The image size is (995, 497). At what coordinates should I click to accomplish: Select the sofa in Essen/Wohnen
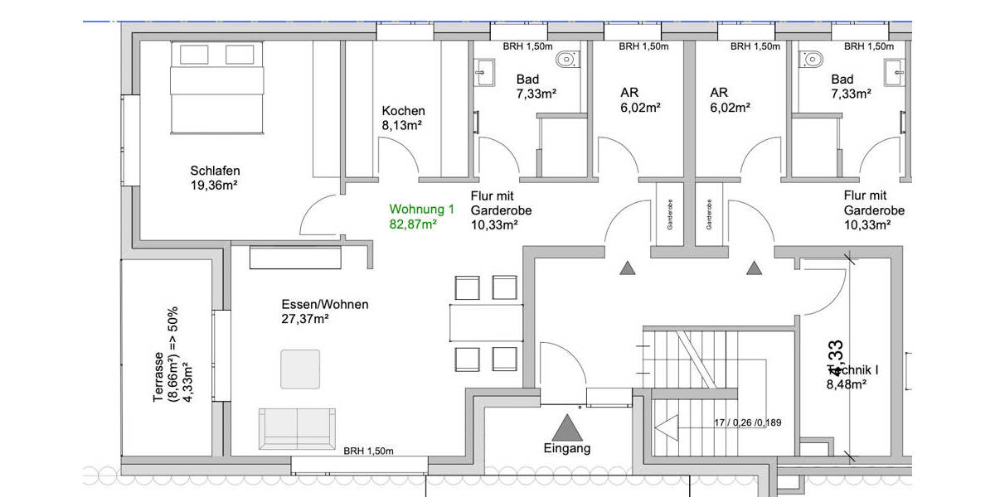[297, 428]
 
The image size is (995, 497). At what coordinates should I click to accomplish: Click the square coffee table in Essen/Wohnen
[300, 369]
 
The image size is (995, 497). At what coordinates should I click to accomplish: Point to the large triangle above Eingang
[568, 428]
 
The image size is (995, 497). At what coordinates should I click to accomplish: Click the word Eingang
[568, 449]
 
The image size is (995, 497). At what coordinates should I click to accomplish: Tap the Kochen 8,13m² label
[403, 118]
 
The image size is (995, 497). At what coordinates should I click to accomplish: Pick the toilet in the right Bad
[811, 59]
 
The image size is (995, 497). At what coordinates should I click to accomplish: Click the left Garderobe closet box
[669, 213]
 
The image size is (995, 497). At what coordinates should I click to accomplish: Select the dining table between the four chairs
[487, 322]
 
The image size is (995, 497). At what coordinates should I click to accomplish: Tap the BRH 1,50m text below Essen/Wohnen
[368, 451]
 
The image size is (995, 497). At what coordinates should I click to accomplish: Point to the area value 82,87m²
[413, 224]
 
